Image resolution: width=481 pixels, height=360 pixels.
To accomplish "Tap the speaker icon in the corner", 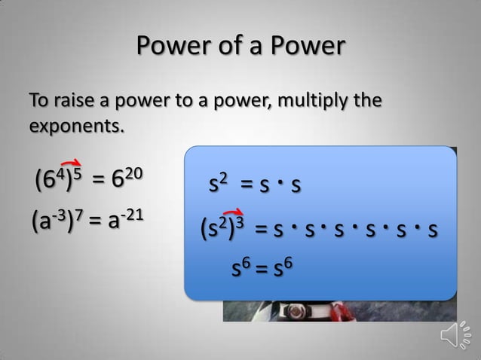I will point(457,336).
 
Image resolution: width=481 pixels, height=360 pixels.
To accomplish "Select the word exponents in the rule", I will point(75,125).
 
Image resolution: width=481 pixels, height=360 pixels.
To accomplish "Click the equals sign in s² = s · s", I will point(247,185).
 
